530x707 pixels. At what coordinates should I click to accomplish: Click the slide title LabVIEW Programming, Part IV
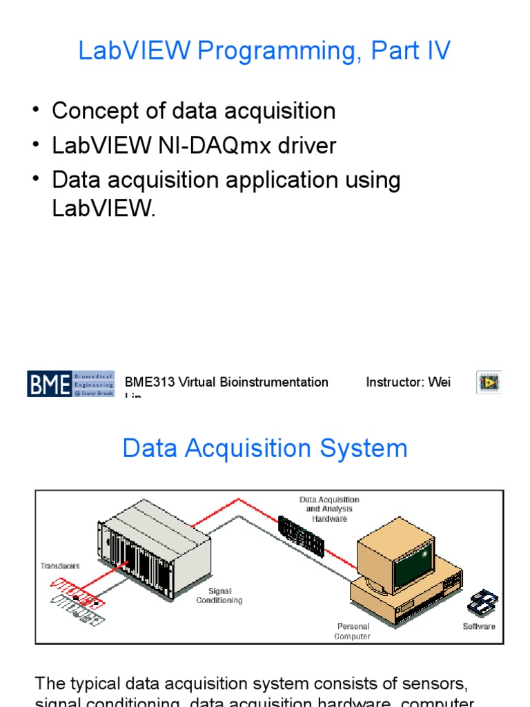point(264,51)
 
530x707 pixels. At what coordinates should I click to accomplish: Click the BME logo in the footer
point(70,383)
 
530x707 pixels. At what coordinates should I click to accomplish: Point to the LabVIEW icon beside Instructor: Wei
point(489,382)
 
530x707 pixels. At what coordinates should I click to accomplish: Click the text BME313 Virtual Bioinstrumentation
point(226,382)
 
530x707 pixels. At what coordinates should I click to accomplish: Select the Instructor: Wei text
point(408,382)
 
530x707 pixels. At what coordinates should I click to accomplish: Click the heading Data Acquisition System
point(264,449)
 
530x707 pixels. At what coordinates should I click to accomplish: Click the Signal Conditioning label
point(219,596)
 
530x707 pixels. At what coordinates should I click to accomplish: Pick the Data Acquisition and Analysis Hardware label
point(329,509)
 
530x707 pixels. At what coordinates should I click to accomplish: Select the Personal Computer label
point(353,631)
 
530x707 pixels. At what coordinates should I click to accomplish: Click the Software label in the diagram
point(479,626)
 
